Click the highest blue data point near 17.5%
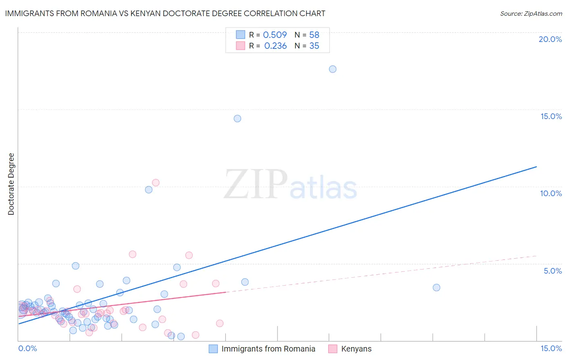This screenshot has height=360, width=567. (x=333, y=69)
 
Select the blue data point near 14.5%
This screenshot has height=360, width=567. (x=238, y=119)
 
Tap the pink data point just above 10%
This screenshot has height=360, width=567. (x=156, y=182)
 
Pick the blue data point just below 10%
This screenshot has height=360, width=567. (x=149, y=190)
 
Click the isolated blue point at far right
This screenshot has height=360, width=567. (x=436, y=288)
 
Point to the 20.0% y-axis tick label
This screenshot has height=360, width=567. (x=550, y=39)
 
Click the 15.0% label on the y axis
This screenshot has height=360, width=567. (x=551, y=116)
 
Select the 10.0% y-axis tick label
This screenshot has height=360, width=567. (x=551, y=193)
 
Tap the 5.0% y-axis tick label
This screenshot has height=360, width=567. (x=552, y=271)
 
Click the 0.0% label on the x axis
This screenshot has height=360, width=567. (x=28, y=348)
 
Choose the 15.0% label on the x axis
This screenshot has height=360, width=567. (x=551, y=348)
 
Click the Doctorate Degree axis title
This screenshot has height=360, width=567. (x=11, y=184)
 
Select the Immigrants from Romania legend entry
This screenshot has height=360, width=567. (x=268, y=349)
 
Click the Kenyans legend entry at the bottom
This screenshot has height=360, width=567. (x=356, y=349)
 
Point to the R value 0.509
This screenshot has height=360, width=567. (x=275, y=35)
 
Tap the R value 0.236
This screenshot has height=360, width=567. (x=275, y=46)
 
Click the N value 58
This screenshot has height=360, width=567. (x=314, y=35)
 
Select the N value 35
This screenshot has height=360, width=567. (x=314, y=46)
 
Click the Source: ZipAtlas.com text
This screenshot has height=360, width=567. (x=531, y=14)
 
